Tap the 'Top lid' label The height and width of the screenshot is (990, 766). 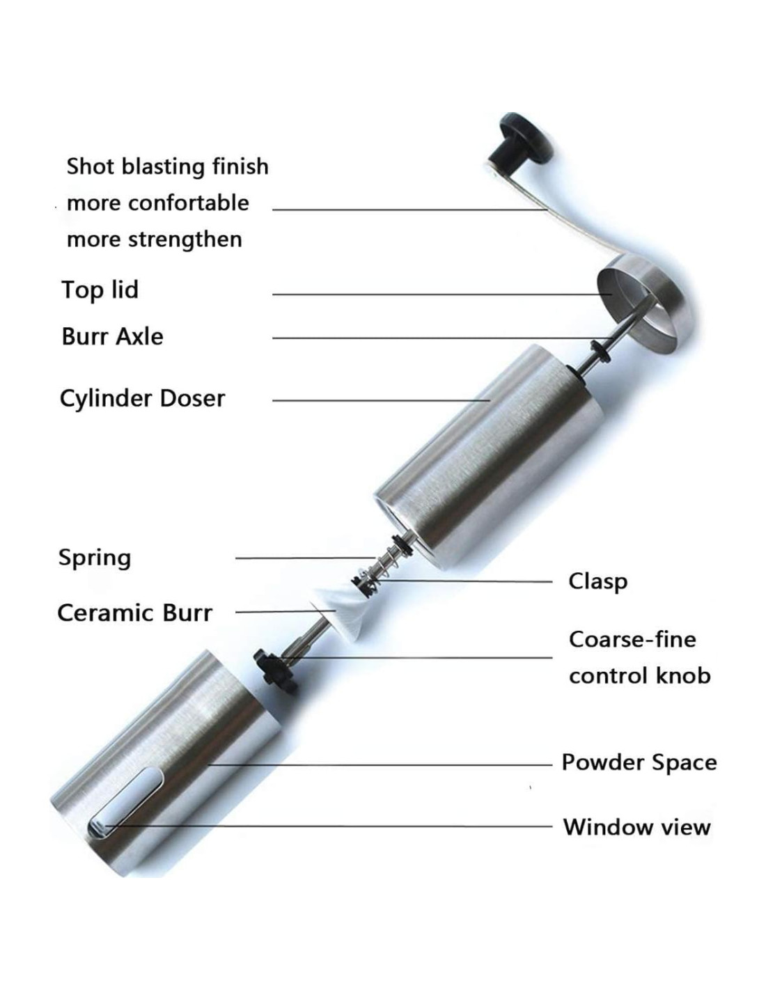(100, 290)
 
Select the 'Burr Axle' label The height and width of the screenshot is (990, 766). (112, 336)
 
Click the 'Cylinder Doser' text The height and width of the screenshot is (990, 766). (142, 398)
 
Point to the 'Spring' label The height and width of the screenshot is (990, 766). (94, 557)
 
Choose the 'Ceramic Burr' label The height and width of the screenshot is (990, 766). (134, 613)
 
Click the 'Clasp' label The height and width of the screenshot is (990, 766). (597, 581)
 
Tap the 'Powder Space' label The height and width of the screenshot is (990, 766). (639, 762)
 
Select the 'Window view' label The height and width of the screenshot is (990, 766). (636, 827)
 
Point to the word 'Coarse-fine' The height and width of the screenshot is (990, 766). (632, 639)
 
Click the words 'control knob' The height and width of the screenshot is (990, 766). (639, 675)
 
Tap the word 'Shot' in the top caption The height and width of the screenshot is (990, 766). (89, 166)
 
